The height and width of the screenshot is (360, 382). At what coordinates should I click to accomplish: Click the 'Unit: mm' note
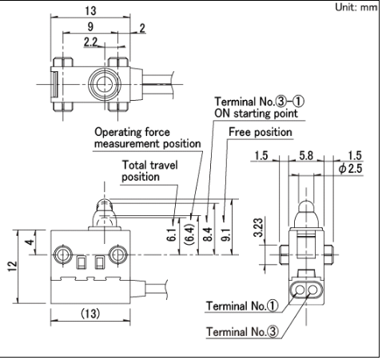tap(356, 7)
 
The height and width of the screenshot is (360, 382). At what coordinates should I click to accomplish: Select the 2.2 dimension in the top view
tap(90, 42)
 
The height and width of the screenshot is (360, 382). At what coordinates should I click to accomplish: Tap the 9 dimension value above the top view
tap(90, 26)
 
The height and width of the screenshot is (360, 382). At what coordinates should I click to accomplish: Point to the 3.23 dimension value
tap(258, 227)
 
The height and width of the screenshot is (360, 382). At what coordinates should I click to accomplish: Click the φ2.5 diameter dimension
tap(350, 169)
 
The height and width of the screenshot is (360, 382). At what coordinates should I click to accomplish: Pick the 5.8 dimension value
tap(306, 155)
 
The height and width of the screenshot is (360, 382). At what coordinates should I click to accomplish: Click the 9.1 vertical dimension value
tap(226, 234)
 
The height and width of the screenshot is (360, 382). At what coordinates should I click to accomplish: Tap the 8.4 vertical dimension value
tap(208, 234)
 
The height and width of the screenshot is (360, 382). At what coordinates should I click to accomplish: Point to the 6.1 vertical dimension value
tap(171, 234)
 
